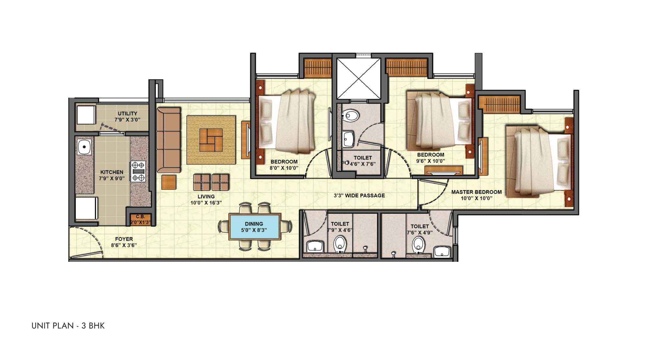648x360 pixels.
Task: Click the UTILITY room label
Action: (127, 113)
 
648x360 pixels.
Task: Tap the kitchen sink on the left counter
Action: (84, 147)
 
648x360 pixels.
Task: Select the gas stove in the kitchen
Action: (138, 171)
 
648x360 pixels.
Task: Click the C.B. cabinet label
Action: (140, 216)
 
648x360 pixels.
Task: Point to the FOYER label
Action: (124, 239)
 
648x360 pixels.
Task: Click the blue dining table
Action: (254, 227)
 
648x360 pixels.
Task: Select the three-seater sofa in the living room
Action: (168, 140)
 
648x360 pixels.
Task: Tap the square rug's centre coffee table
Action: (211, 140)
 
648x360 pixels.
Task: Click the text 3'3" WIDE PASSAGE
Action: (359, 196)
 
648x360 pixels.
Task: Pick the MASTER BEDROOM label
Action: (476, 192)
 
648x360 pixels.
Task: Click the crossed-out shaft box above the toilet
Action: (358, 79)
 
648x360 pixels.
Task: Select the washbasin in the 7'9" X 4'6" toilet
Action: (315, 246)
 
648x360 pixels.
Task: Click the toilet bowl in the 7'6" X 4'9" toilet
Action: (419, 245)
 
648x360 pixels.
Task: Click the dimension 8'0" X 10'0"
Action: (284, 168)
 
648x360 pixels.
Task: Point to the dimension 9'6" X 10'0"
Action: (430, 161)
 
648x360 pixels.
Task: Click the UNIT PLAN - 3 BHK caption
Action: (68, 326)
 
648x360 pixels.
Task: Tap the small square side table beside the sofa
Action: (169, 182)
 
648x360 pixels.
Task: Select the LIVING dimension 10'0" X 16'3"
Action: (206, 203)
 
